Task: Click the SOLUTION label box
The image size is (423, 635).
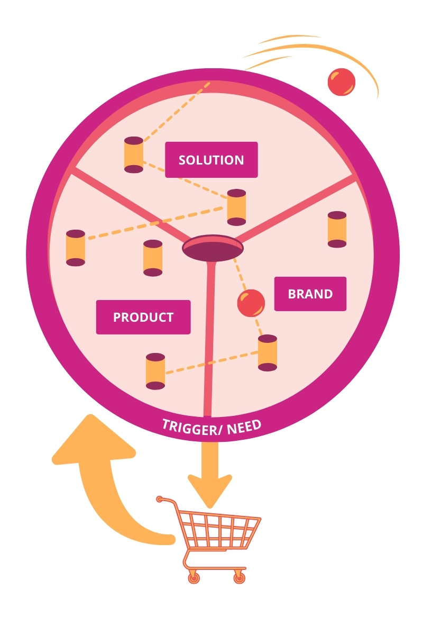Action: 211,160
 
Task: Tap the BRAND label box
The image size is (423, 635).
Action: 310,294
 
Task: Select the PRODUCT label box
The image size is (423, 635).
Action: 143,317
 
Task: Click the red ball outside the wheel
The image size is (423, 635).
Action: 341,82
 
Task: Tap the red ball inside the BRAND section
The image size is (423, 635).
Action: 251,303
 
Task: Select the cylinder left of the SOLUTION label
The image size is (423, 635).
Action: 133,155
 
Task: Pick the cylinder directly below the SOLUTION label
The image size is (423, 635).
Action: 236,207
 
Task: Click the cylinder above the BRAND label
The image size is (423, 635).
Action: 337,229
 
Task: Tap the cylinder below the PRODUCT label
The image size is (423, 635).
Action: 155,371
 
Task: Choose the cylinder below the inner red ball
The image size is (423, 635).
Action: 268,352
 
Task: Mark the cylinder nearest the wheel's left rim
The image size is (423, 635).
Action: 76,248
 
